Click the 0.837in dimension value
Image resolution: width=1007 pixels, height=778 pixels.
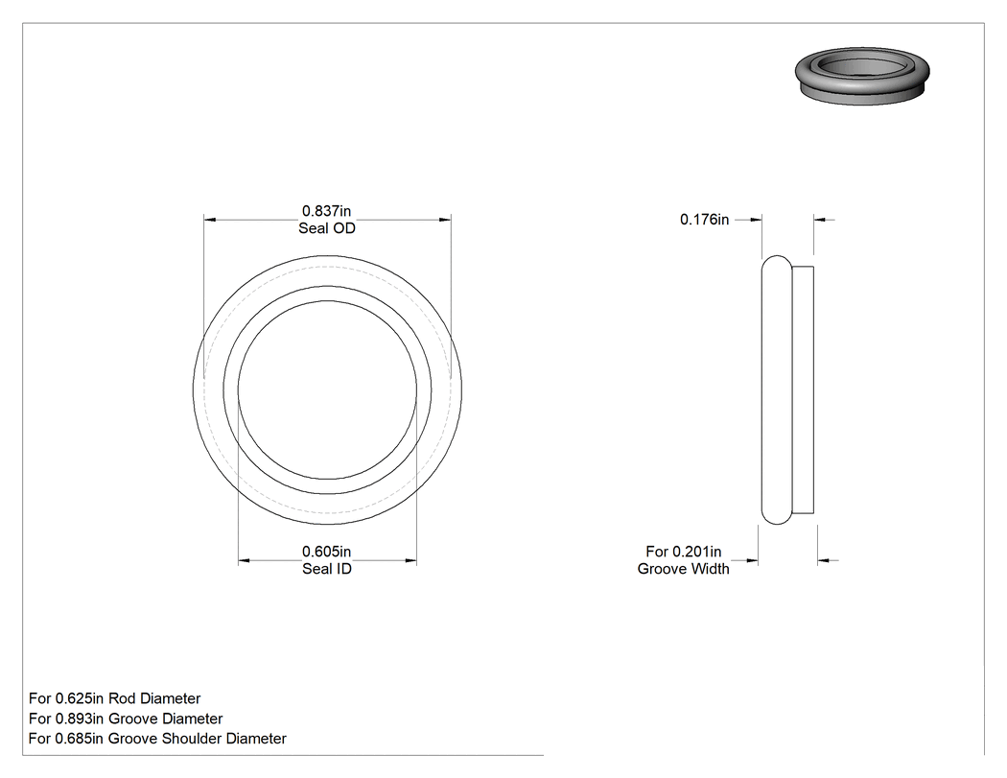click(x=326, y=211)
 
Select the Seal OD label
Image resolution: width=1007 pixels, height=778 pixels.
click(x=326, y=228)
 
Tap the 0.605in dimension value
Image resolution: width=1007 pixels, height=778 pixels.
click(x=326, y=552)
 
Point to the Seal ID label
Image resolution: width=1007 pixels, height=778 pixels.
click(x=326, y=569)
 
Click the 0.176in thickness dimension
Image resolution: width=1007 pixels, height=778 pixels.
click(x=704, y=220)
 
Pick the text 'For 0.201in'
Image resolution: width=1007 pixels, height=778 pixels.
click(x=683, y=552)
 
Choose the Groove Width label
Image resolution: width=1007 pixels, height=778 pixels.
click(x=683, y=569)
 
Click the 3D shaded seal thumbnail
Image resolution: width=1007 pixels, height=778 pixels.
click(x=862, y=75)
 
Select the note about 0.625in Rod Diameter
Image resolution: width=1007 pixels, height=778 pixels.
click(x=114, y=698)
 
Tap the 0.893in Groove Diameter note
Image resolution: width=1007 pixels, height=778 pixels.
click(x=126, y=719)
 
